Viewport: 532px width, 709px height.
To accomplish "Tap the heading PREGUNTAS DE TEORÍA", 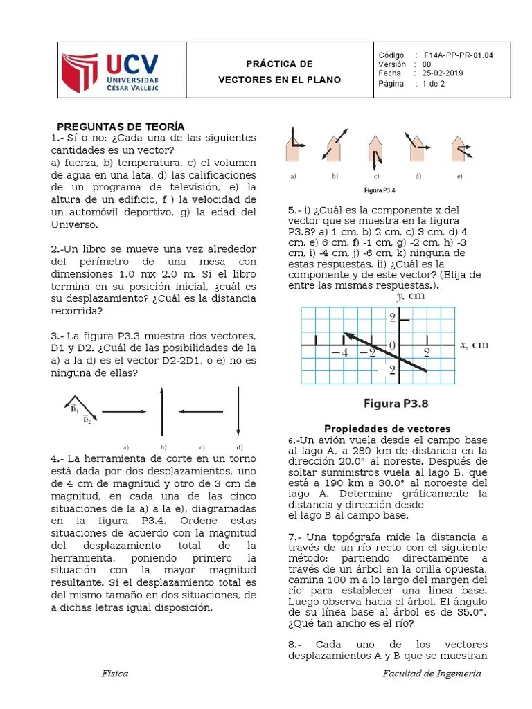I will (x=121, y=126).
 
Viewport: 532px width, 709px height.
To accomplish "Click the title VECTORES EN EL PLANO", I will (x=280, y=80).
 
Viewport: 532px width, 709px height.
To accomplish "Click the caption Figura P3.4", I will (x=380, y=190).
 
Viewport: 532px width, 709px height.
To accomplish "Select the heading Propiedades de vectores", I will (x=388, y=429).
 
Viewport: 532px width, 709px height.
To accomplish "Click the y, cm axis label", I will (x=410, y=296).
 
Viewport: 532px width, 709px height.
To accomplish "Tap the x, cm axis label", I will (x=474, y=344).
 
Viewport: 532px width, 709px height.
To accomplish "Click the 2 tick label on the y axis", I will (x=392, y=318).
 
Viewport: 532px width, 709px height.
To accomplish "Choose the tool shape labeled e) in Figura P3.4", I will (x=458, y=147).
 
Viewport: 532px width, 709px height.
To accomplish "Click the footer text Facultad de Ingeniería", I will (x=432, y=674).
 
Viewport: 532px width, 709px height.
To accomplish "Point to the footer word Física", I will (x=115, y=674).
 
